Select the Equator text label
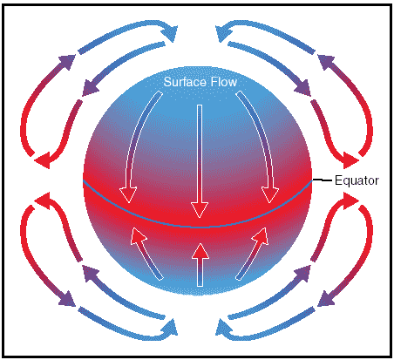tap(357, 180)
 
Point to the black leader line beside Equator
tap(323, 180)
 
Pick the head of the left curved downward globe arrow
tap(128, 195)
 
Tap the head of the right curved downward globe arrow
tap(270, 195)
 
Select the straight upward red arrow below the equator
tap(200, 265)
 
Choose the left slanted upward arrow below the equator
tap(146, 254)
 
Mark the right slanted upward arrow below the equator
tap(252, 254)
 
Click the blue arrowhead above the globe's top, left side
tap(170, 32)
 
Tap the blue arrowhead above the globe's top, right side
tap(223, 32)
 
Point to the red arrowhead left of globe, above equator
tap(43, 160)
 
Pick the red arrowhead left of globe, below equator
tap(43, 200)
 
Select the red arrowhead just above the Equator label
tap(351, 160)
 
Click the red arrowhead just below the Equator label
tap(351, 200)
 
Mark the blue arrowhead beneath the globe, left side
tap(170, 328)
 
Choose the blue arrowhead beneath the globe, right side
tap(223, 328)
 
